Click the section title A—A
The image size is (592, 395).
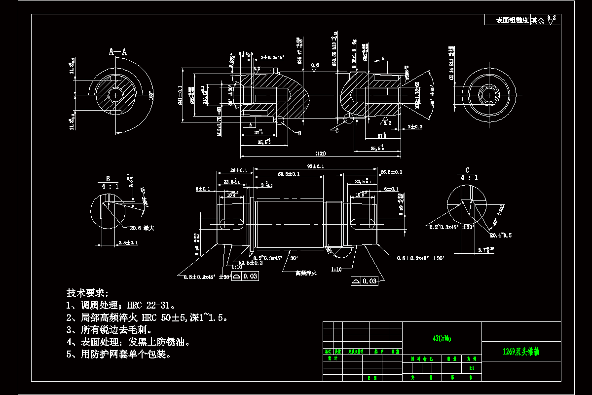click(x=117, y=51)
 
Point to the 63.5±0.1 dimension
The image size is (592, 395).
click(x=289, y=174)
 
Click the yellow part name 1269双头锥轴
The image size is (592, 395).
click(x=521, y=352)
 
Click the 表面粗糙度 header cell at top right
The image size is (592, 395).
click(x=512, y=20)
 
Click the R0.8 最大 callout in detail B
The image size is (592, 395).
click(x=142, y=229)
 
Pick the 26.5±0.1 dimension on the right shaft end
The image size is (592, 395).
click(x=392, y=172)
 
